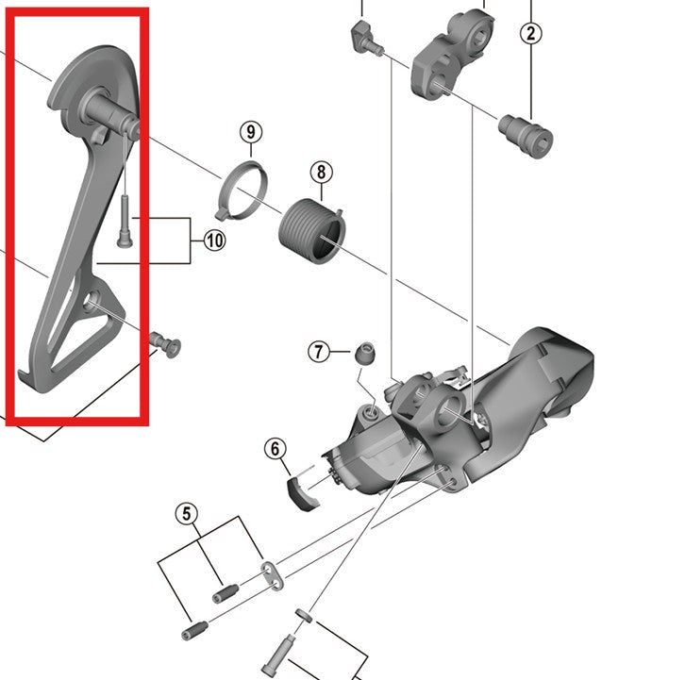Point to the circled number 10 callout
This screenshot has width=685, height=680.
coord(214,240)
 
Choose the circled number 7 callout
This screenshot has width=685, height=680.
coord(319,352)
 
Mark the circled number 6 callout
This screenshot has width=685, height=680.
coord(276,450)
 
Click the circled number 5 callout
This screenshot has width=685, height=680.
coord(187,514)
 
